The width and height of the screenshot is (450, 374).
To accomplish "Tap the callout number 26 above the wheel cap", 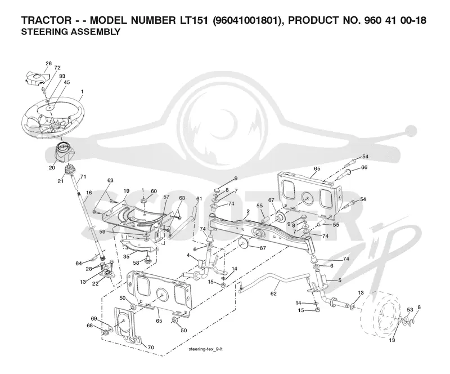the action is point(48,63).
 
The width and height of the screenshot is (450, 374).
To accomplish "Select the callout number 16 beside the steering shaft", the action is point(89,192).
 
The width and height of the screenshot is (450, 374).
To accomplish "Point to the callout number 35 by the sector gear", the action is point(126,256).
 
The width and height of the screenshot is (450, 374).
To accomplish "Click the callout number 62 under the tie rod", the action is point(273,293).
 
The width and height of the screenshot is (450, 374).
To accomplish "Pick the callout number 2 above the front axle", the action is point(248,211).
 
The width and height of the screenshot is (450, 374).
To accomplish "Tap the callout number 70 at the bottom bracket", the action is point(151,348).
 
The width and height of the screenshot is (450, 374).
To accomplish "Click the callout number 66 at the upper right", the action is point(364,167).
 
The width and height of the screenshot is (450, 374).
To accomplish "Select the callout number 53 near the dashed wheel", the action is point(410,310).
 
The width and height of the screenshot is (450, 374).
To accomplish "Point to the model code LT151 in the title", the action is point(192,20).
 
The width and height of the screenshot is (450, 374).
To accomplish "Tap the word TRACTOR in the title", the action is point(46,20).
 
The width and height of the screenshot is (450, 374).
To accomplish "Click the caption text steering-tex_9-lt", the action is point(205,349).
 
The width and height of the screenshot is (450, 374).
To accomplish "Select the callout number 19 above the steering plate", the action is point(126,190).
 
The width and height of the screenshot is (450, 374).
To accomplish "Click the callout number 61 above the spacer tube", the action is point(199,199).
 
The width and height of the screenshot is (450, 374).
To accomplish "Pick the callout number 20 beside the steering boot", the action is point(52,167).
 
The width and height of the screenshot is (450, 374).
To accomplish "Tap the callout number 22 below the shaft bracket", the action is point(95,283).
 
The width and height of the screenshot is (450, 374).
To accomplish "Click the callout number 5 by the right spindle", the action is point(340,280).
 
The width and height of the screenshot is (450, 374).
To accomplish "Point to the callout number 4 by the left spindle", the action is point(188,255).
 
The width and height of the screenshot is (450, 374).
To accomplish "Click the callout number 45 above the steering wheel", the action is point(66,82).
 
